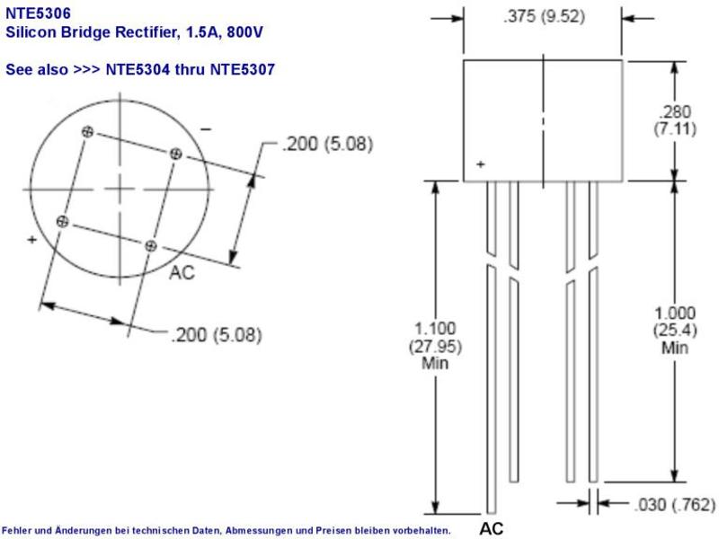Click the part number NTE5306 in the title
(x=38, y=13)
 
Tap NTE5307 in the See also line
(x=242, y=69)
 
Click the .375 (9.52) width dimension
(x=544, y=16)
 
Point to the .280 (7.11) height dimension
(x=675, y=120)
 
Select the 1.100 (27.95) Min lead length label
(x=435, y=346)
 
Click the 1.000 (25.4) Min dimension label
(x=675, y=330)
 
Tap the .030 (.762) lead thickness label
(x=675, y=505)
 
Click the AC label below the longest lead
(x=491, y=528)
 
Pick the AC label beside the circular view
(x=182, y=272)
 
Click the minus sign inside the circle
(x=206, y=129)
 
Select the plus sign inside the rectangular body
(x=480, y=164)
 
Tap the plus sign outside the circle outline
(x=31, y=239)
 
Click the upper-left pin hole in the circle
(x=87, y=132)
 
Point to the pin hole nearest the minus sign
(x=175, y=154)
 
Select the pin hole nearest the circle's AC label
(x=150, y=246)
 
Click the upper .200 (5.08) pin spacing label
(x=327, y=144)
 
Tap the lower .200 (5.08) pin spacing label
(x=216, y=335)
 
